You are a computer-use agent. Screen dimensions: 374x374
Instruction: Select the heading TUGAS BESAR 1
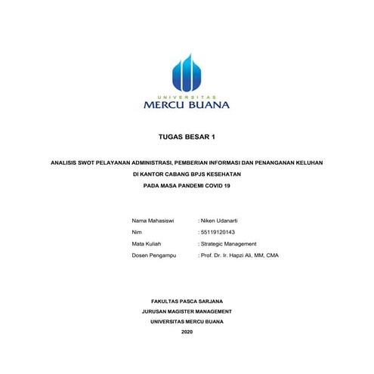[x=187, y=138]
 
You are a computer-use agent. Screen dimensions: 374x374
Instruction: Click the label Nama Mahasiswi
[x=153, y=220]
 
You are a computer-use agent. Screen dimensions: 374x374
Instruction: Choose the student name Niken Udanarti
[x=219, y=220]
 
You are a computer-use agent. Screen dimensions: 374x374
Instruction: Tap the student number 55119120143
[x=218, y=232]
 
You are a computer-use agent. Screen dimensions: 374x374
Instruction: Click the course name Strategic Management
[x=228, y=244]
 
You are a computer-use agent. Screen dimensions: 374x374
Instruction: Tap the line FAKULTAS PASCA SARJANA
[x=187, y=301]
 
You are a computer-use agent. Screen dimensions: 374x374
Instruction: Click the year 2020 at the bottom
[x=187, y=332]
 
